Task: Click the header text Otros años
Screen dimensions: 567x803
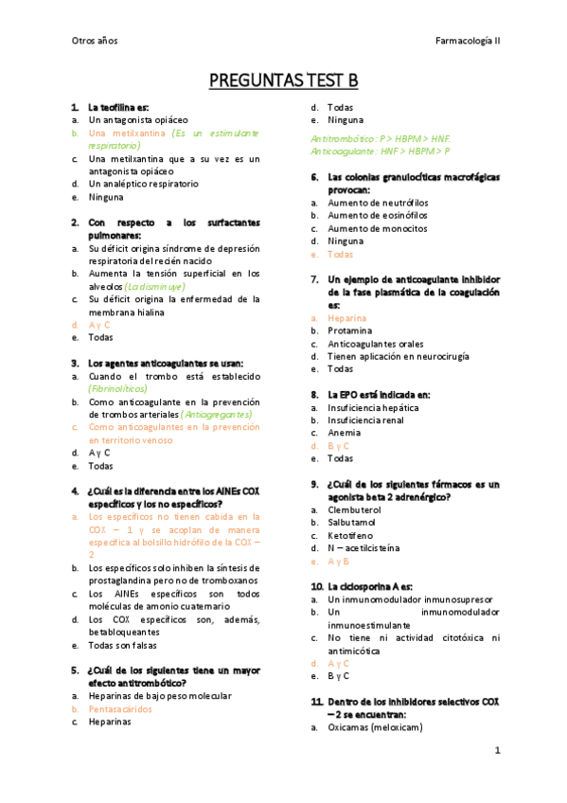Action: click(x=94, y=41)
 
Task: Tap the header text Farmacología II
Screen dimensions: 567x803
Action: click(x=468, y=41)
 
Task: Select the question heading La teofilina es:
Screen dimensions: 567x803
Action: click(x=118, y=107)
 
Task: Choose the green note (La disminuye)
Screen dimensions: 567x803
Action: click(x=154, y=286)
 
